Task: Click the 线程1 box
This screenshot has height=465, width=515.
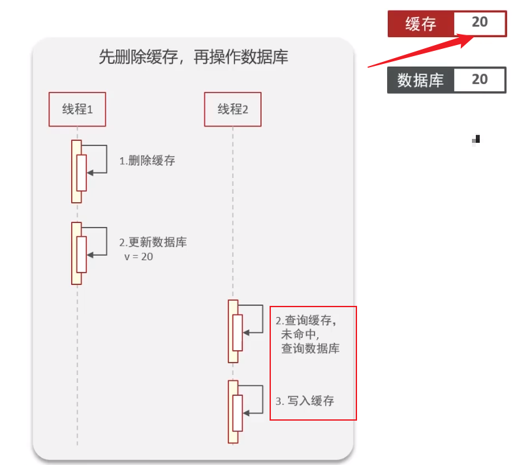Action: coord(77,110)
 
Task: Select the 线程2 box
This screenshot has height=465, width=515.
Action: coord(232,110)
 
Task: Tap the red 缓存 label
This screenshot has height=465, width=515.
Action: coord(421,24)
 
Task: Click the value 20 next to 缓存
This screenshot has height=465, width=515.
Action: coord(480,22)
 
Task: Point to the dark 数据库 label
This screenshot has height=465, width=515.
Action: coord(421,80)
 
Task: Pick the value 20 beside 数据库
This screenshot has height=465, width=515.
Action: coord(480,80)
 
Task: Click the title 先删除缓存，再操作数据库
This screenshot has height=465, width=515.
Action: coord(193,57)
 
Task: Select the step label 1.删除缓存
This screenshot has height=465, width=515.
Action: coord(147,161)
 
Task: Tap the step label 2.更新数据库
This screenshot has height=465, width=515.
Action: coord(153,242)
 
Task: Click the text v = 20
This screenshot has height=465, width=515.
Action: coord(138,256)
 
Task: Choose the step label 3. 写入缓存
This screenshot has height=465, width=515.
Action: coord(304,401)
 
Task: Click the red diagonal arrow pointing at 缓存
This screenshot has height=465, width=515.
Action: coord(421,51)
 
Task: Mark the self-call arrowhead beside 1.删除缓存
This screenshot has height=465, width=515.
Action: coord(90,173)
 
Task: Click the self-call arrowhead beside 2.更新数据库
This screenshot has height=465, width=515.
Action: coord(90,255)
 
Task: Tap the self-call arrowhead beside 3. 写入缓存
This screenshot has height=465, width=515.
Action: coord(246,413)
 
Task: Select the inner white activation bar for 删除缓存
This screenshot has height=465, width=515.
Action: coord(82,173)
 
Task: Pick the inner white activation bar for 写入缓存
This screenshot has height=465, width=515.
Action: coord(238,413)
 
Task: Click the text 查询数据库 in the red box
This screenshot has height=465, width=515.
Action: coord(311,348)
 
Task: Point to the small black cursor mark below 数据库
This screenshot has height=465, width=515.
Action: coord(476,140)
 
